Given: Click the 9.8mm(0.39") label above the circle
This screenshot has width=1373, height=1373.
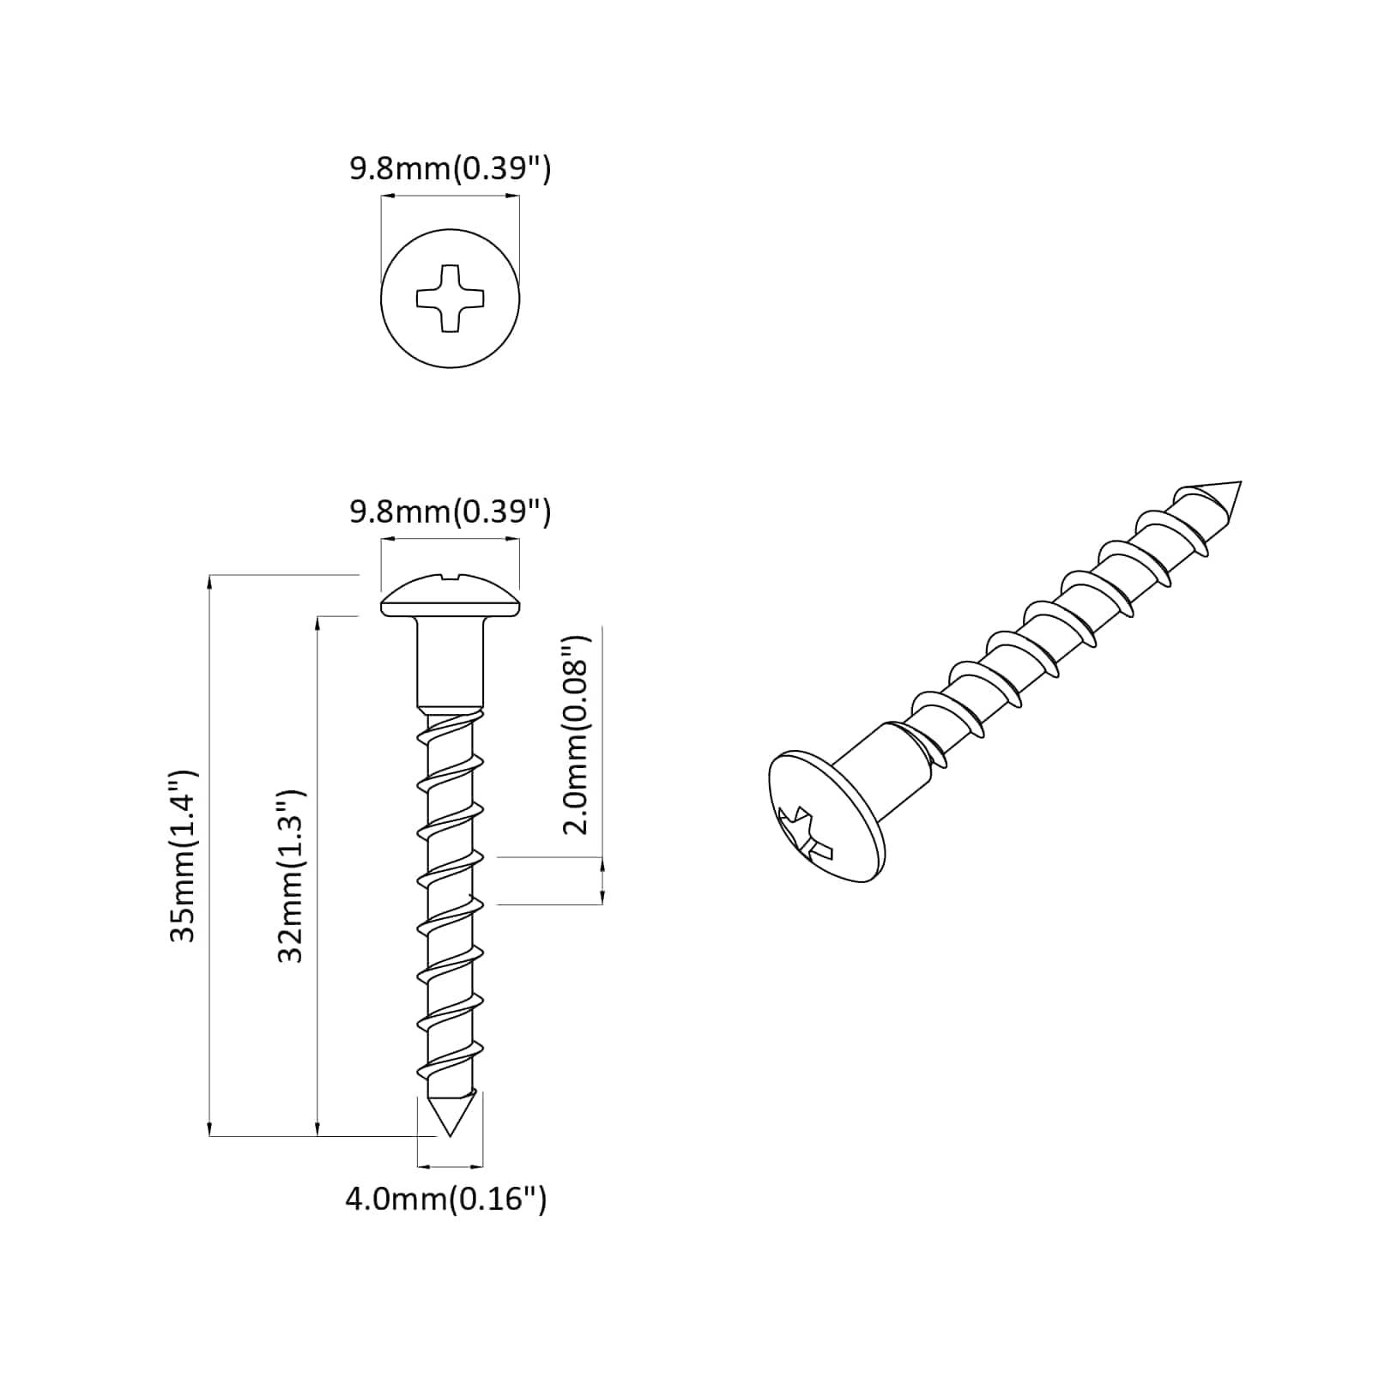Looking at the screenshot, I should click(450, 169).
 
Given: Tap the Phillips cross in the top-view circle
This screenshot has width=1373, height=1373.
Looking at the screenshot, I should click(450, 299).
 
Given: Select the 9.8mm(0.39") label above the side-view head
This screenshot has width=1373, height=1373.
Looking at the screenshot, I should click(450, 512).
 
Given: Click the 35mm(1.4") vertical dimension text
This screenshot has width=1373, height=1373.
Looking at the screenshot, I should click(184, 856).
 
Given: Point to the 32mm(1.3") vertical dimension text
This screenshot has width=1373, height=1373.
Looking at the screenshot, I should click(292, 875).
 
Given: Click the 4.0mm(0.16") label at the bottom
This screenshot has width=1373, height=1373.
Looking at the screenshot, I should click(446, 1198).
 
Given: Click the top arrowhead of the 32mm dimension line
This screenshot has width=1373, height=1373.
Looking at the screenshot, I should click(318, 623).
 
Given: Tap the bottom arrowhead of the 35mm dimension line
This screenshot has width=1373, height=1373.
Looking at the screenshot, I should click(209, 1129).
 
